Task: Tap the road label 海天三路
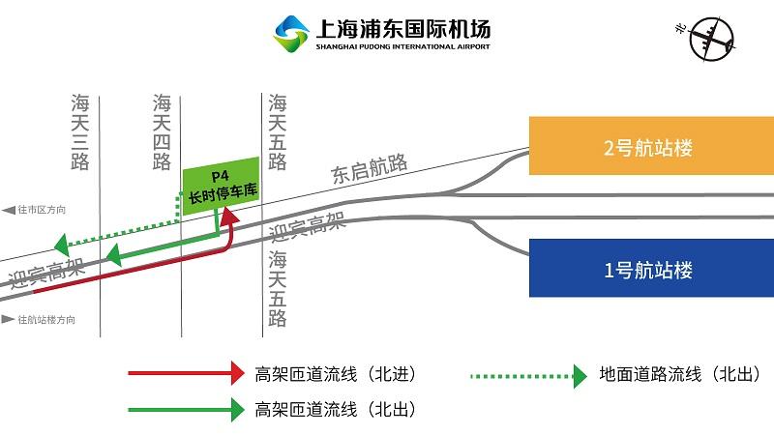[x=80, y=132]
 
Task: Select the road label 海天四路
[x=163, y=132]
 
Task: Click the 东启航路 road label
[x=369, y=168]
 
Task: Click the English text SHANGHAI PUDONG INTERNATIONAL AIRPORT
[x=402, y=46]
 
